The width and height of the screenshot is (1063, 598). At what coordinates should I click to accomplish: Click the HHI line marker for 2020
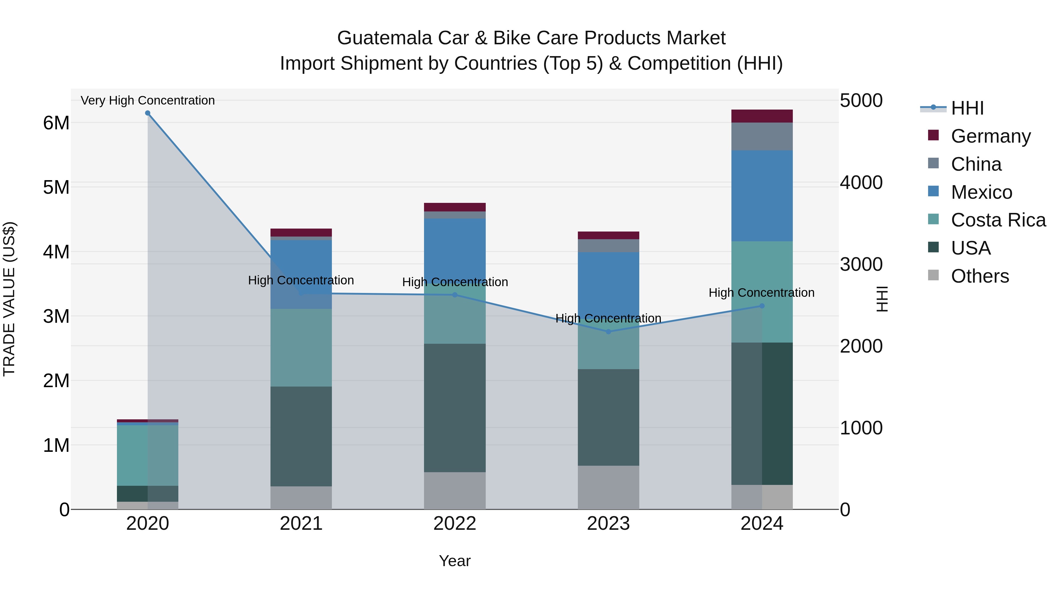148,113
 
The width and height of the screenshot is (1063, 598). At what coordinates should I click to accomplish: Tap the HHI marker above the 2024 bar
762,306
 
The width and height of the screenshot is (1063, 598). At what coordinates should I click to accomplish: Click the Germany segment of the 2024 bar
762,116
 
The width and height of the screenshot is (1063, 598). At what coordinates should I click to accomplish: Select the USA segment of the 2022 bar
455,408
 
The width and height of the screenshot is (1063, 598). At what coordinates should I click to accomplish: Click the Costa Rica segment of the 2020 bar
148,455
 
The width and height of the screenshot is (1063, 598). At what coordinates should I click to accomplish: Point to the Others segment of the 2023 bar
608,487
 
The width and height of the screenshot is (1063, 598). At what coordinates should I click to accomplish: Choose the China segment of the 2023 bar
608,246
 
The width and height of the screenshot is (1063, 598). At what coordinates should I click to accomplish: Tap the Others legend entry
980,276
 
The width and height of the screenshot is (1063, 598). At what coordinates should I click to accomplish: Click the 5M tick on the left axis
56,187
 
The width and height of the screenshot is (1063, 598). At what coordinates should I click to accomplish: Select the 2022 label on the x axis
455,524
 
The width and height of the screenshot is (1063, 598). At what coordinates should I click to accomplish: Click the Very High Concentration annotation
148,100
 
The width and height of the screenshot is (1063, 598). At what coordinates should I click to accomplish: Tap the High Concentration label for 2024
761,293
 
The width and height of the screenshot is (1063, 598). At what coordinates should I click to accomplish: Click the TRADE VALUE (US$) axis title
9,299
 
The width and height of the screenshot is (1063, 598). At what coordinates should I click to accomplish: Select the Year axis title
455,561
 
